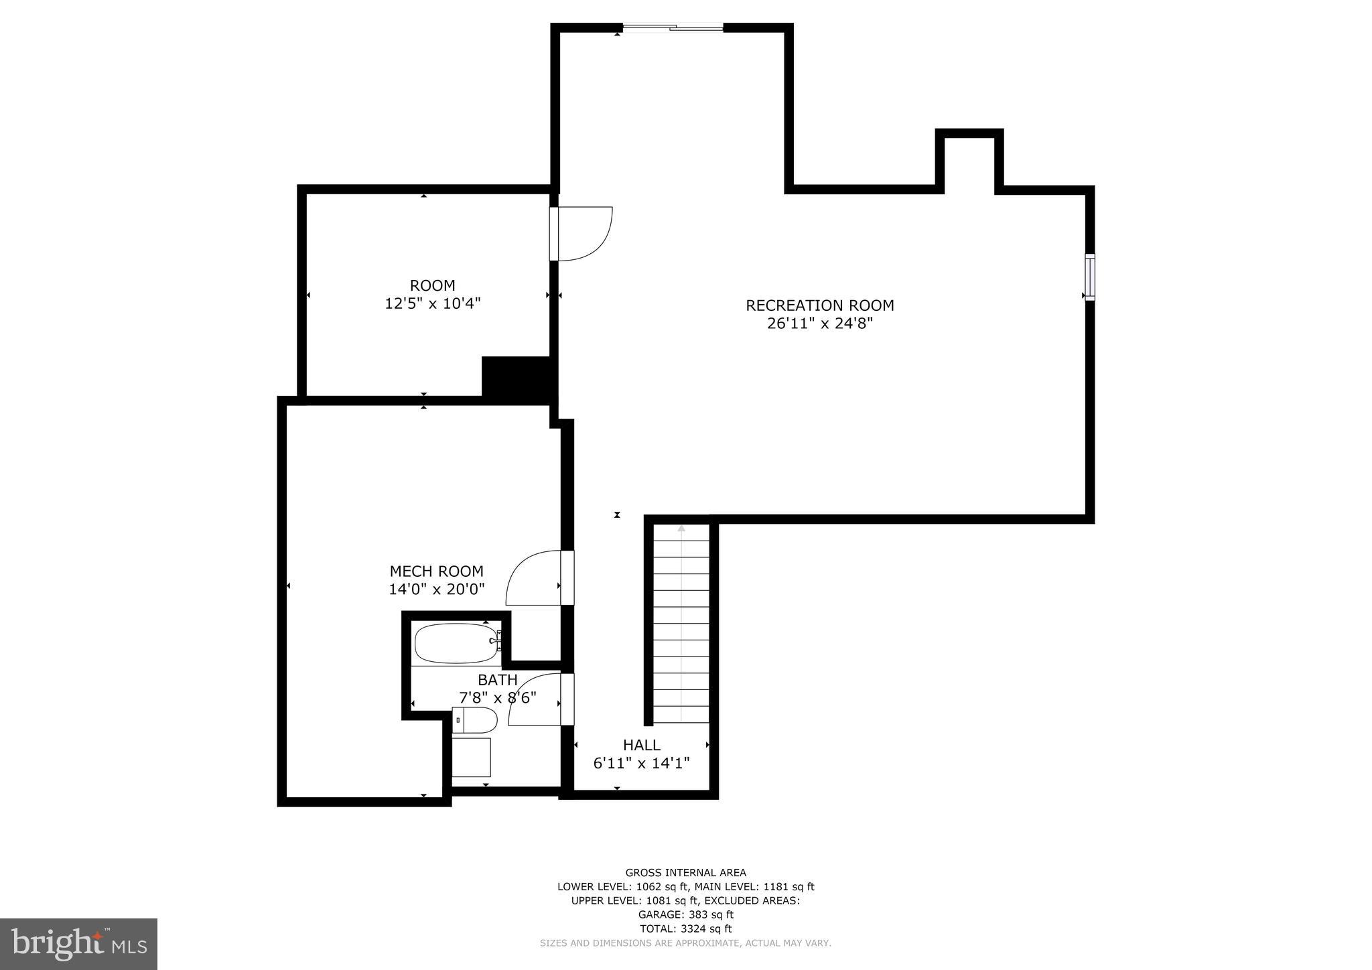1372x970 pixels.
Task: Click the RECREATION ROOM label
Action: [x=819, y=305]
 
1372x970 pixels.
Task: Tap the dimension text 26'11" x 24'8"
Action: [x=819, y=324]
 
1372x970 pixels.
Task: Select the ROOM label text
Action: [x=432, y=285]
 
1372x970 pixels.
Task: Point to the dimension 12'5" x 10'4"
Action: [x=432, y=303]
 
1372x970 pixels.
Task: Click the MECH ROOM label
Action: [x=436, y=571]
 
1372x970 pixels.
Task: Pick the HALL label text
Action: [x=641, y=745]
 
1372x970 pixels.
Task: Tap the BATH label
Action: [x=497, y=681]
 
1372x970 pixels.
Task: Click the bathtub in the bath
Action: [x=456, y=644]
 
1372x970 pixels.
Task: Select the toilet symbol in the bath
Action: [x=475, y=721]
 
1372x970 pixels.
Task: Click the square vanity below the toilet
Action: [x=471, y=757]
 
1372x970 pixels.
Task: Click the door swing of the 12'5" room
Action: [x=583, y=232]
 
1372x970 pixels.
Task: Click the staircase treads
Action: [x=681, y=623]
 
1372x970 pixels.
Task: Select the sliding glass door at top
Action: [x=673, y=27]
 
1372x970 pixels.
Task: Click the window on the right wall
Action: [x=1089, y=277]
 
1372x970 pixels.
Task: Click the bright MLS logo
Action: [x=78, y=944]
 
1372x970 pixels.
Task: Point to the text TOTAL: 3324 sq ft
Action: [x=685, y=928]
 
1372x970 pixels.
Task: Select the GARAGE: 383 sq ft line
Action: [x=685, y=914]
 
